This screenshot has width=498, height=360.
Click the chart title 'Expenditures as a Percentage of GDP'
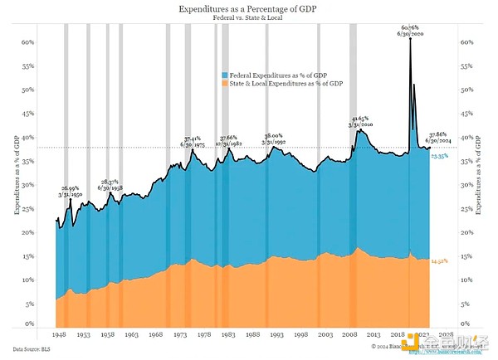[x=248, y=8]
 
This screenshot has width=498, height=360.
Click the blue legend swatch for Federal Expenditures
[x=224, y=75]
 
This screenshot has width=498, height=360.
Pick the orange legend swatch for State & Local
[x=224, y=84]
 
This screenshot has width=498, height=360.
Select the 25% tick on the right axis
[x=467, y=208]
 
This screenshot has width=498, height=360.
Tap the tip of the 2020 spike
[x=410, y=39]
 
